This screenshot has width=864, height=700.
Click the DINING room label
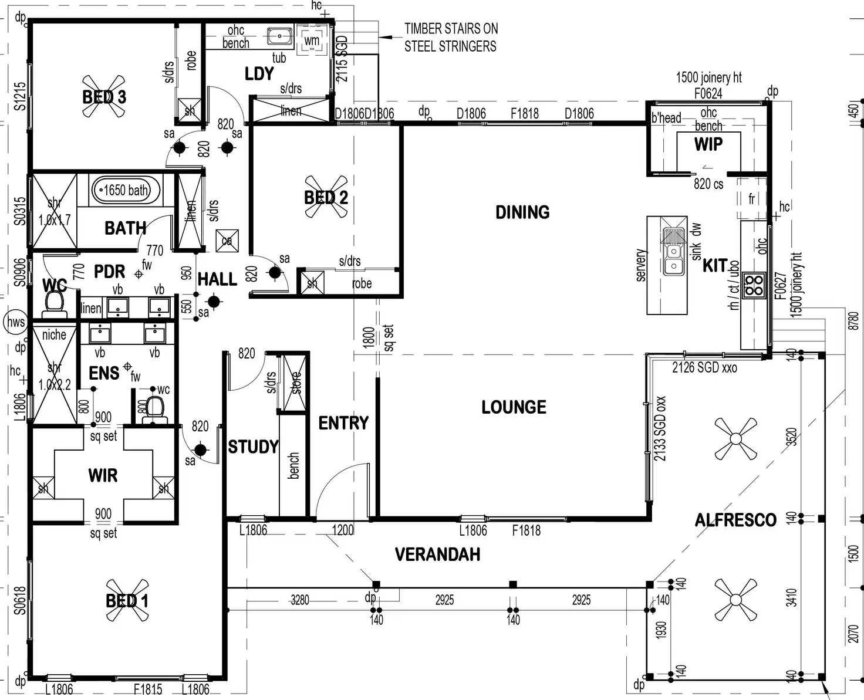click(x=522, y=212)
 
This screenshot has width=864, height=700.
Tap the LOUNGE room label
click(x=514, y=407)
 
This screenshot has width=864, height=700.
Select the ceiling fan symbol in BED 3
click(x=104, y=97)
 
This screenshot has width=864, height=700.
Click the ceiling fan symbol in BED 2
click(x=326, y=197)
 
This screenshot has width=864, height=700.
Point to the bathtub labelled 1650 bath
click(x=126, y=190)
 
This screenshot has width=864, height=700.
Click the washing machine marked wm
click(x=312, y=40)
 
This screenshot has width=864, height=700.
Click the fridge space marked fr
click(x=751, y=199)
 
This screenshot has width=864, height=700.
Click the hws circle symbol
click(x=15, y=322)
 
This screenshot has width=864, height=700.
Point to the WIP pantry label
click(x=708, y=144)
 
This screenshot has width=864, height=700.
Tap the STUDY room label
click(x=253, y=447)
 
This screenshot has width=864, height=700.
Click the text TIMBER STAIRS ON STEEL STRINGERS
click(x=450, y=37)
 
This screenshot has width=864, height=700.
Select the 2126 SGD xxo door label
click(x=704, y=368)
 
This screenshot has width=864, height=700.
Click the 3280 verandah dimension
click(x=300, y=600)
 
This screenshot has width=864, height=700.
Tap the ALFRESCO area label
click(x=735, y=520)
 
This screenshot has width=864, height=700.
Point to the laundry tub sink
click(x=280, y=36)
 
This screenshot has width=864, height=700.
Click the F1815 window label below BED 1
click(x=148, y=689)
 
